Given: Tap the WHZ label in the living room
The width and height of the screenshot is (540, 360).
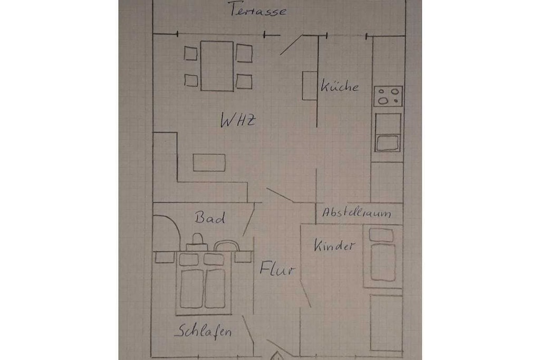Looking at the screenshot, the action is pyautogui.click(x=238, y=120).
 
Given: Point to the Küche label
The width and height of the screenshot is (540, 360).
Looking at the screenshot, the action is pyautogui.click(x=340, y=85).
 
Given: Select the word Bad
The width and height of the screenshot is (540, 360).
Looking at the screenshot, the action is pyautogui.click(x=210, y=217).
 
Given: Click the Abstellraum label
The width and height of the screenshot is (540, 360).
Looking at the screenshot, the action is pyautogui.click(x=356, y=212).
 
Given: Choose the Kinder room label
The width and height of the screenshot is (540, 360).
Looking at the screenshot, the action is pyautogui.click(x=334, y=246).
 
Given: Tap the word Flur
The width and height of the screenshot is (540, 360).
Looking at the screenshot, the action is pyautogui.click(x=277, y=268).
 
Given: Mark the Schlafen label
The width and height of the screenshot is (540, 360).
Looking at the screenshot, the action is pyautogui.click(x=203, y=330).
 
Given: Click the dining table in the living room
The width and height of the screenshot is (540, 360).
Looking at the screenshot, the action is pyautogui.click(x=217, y=66).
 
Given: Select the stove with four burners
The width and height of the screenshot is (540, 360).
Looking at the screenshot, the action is pyautogui.click(x=388, y=96).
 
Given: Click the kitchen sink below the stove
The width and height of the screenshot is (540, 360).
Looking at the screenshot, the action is pyautogui.click(x=388, y=132).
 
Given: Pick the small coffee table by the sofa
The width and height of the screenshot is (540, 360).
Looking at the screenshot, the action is pyautogui.click(x=209, y=162).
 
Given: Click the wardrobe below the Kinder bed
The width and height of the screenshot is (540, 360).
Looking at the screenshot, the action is pyautogui.click(x=387, y=323).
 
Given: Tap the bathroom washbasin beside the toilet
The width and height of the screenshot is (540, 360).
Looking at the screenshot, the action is pyautogui.click(x=227, y=246).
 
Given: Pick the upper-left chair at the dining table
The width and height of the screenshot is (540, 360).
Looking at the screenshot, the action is pyautogui.click(x=190, y=54).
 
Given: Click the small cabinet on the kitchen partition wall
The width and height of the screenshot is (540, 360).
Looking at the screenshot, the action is pyautogui.click(x=310, y=86).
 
